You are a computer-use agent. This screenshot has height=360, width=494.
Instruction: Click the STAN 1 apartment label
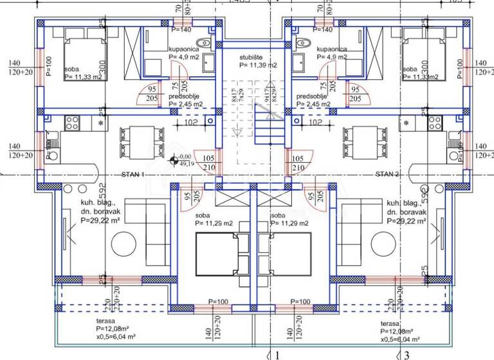tap(133, 174)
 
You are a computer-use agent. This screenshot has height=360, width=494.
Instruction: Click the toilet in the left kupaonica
tap(204, 43)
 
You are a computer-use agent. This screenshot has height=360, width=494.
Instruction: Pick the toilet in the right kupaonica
tap(307, 43)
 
